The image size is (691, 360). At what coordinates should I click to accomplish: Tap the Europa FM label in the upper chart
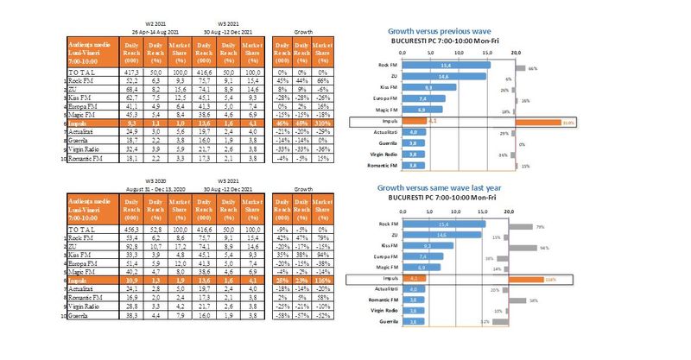[x=384, y=99]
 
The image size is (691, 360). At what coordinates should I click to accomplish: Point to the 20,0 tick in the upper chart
[x=517, y=53]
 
